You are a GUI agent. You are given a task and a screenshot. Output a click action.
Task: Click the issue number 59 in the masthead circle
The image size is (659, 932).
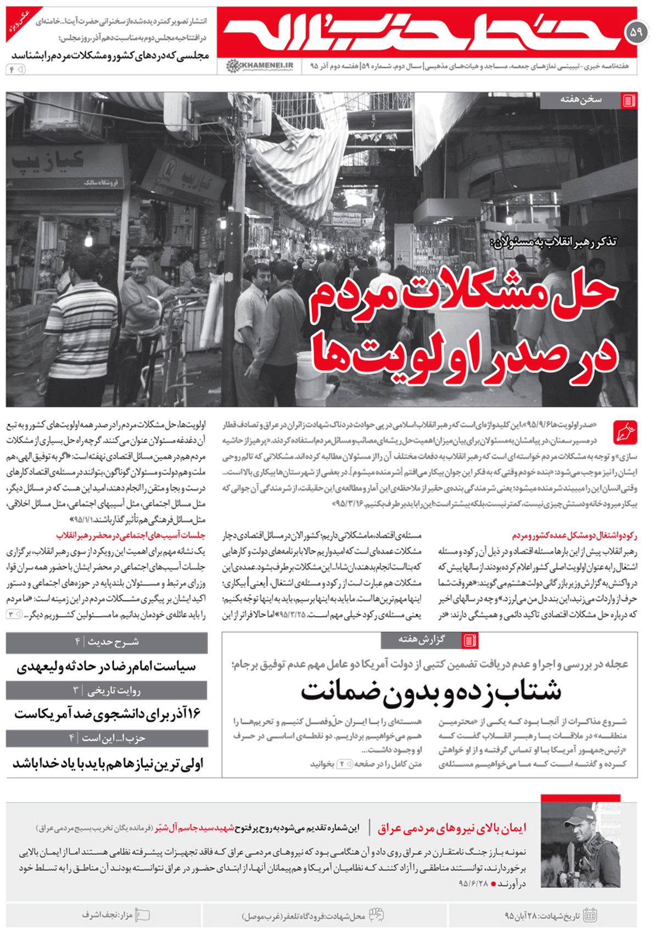click(x=636, y=33)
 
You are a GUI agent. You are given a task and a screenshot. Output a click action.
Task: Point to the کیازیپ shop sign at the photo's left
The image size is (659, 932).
click(x=49, y=161)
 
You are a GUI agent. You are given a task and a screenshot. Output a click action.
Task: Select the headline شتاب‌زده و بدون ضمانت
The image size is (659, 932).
click(x=431, y=691)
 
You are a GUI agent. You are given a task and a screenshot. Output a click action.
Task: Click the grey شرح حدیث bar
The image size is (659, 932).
click(x=107, y=642)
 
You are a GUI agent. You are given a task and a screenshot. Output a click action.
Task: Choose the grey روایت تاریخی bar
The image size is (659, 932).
click(x=107, y=690)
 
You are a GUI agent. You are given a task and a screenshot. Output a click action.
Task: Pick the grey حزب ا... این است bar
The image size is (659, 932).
click(x=107, y=738)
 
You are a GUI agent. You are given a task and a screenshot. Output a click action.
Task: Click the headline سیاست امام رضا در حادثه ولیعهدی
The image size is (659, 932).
click(x=107, y=667)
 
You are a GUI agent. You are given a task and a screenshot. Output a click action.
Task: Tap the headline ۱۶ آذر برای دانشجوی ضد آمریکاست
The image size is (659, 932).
click(x=107, y=714)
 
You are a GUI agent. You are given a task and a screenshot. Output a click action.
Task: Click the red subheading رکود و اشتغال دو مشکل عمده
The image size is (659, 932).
click(x=574, y=535)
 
